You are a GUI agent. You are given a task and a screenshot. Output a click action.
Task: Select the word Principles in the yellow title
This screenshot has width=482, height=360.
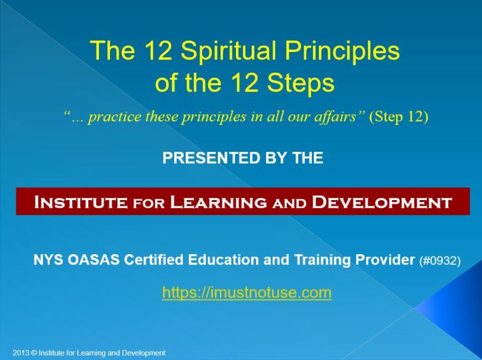(341, 51)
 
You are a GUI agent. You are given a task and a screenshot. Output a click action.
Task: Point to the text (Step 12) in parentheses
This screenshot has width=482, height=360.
(399, 118)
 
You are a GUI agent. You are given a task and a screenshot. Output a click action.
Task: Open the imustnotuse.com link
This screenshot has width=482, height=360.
(247, 293)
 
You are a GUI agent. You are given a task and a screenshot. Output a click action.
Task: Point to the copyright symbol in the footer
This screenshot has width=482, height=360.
(34, 353)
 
